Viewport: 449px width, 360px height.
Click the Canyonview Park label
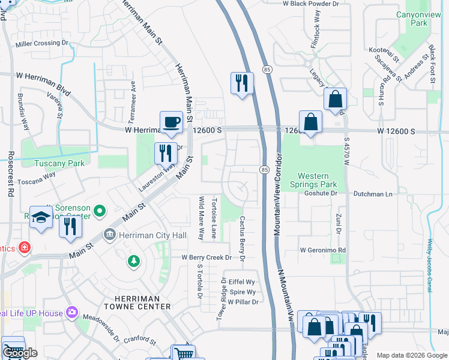[x=411, y=18]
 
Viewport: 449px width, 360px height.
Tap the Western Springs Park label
[x=318, y=180]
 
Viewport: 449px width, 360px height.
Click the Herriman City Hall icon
[x=110, y=233]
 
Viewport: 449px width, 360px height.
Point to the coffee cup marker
[x=171, y=122]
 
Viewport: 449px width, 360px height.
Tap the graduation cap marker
[x=41, y=218]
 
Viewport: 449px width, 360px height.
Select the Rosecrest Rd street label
[x=11, y=176]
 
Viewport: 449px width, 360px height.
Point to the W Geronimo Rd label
[x=323, y=250]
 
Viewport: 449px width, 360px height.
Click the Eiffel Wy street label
[x=242, y=281]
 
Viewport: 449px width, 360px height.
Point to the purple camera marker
[x=72, y=312]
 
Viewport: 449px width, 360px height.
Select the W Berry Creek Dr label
[x=206, y=257]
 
